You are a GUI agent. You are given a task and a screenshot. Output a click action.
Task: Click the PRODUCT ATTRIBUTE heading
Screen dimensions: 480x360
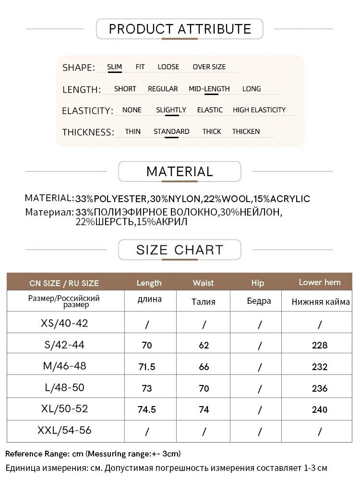(180, 29)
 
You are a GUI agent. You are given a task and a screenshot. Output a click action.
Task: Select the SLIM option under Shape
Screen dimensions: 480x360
(114, 67)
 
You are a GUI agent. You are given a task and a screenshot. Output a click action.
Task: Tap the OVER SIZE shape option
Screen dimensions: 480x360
(209, 67)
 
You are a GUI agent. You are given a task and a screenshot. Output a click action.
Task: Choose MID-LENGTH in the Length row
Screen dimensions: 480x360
(209, 89)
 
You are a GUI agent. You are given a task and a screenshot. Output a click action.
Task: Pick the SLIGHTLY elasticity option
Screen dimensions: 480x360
(171, 110)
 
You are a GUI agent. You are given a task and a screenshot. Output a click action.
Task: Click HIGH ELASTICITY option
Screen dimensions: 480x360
(259, 110)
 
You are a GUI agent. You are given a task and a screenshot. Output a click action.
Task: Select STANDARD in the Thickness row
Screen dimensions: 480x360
(171, 132)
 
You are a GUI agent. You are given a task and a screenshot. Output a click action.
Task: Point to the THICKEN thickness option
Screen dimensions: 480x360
(246, 132)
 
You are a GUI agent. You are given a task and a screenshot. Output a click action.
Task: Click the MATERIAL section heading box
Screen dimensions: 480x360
(180, 171)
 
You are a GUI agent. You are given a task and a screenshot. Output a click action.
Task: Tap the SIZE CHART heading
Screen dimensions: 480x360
(180, 250)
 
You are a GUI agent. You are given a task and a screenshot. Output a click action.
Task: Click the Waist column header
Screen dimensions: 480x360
(203, 283)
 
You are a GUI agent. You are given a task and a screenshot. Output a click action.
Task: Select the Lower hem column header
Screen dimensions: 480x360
(319, 282)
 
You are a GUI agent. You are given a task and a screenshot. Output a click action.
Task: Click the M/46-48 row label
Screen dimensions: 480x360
(65, 366)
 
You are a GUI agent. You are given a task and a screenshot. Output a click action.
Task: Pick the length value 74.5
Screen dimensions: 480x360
(146, 409)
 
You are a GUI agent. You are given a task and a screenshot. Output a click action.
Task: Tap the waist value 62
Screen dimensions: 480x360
(204, 345)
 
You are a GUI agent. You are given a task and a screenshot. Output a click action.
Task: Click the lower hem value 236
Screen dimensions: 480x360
(319, 388)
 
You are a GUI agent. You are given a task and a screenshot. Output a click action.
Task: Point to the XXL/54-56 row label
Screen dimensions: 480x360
(65, 431)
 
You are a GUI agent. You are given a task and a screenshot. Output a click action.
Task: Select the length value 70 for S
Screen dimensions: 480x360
(146, 345)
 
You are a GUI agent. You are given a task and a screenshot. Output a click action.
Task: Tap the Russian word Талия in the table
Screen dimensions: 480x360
(203, 302)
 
